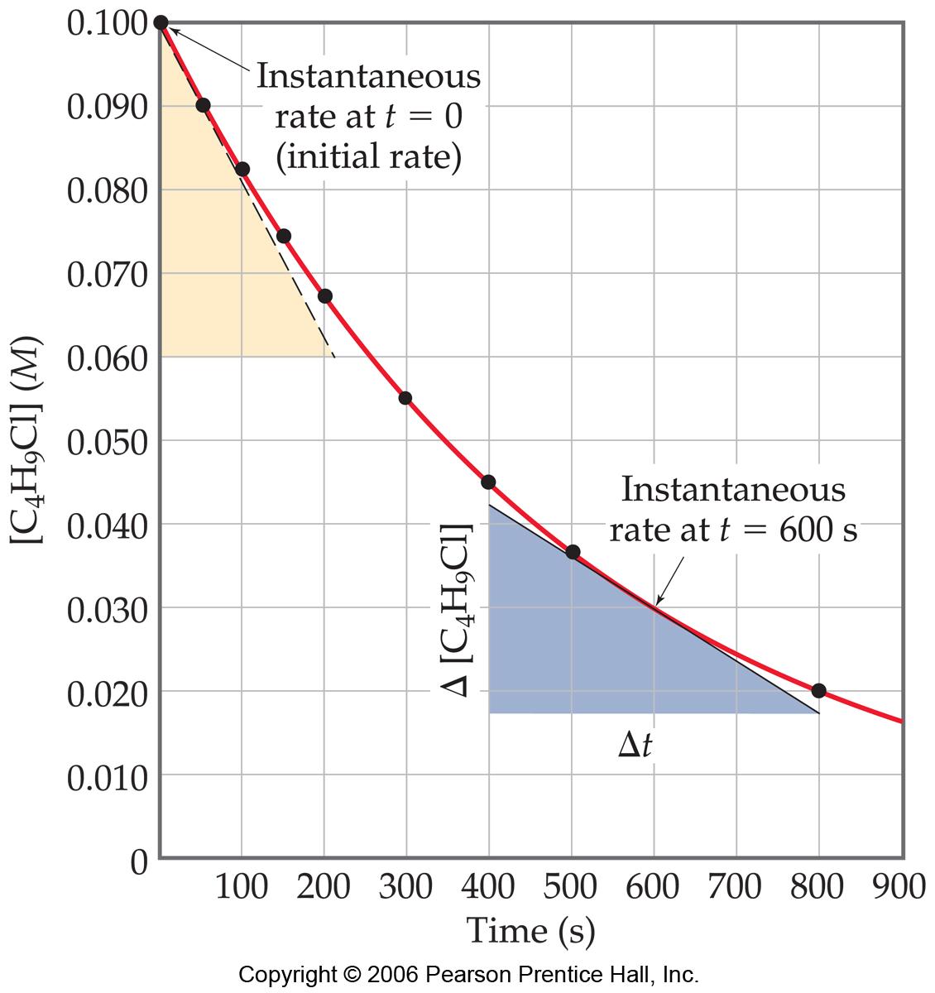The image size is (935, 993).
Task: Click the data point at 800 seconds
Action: (x=818, y=690)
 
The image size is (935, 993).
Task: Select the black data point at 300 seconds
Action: (x=405, y=398)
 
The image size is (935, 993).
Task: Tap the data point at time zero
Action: (x=161, y=22)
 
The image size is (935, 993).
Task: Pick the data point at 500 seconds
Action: (x=573, y=552)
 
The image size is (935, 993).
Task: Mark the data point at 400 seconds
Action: (x=488, y=482)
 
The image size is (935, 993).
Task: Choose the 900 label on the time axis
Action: (x=899, y=888)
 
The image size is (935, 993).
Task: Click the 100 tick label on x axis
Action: (x=242, y=888)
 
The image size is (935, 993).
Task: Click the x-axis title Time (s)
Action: (x=530, y=930)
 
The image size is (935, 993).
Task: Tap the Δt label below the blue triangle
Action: (x=635, y=746)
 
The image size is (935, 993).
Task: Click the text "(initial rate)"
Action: (x=368, y=157)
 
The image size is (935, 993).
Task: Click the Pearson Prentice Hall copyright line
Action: (x=468, y=974)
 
